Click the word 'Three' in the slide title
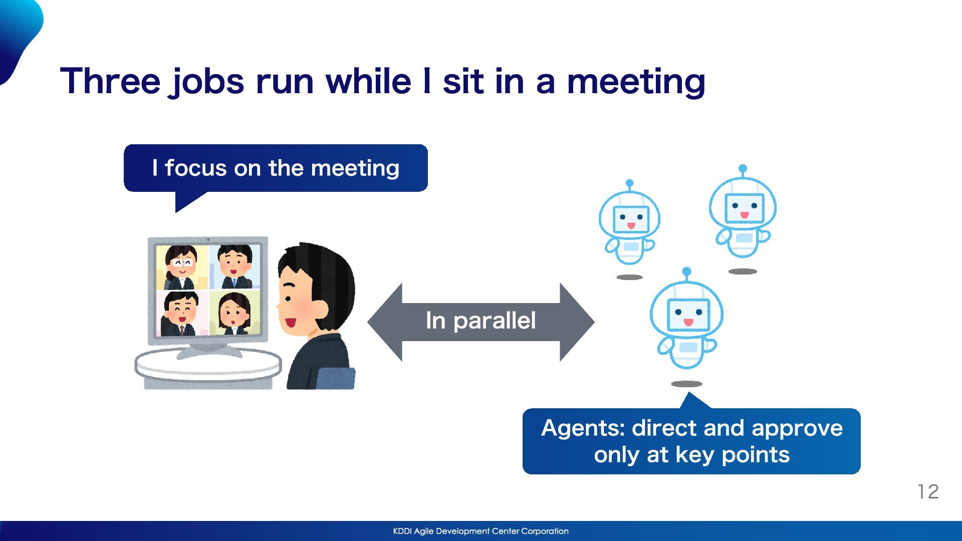[x=110, y=81]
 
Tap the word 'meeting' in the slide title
[x=636, y=83]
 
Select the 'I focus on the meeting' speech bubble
[x=276, y=168]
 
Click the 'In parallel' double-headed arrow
[x=481, y=322]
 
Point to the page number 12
[x=928, y=491]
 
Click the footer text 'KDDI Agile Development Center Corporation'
[x=481, y=531]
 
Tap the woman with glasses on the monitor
[x=181, y=267]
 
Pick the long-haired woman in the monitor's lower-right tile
[x=234, y=314]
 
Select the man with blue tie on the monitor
[x=234, y=266]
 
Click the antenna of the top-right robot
[x=743, y=170]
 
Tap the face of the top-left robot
[x=631, y=219]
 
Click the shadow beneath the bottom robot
[x=686, y=384]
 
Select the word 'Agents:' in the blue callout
[x=583, y=429]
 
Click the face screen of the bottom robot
[x=688, y=315]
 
